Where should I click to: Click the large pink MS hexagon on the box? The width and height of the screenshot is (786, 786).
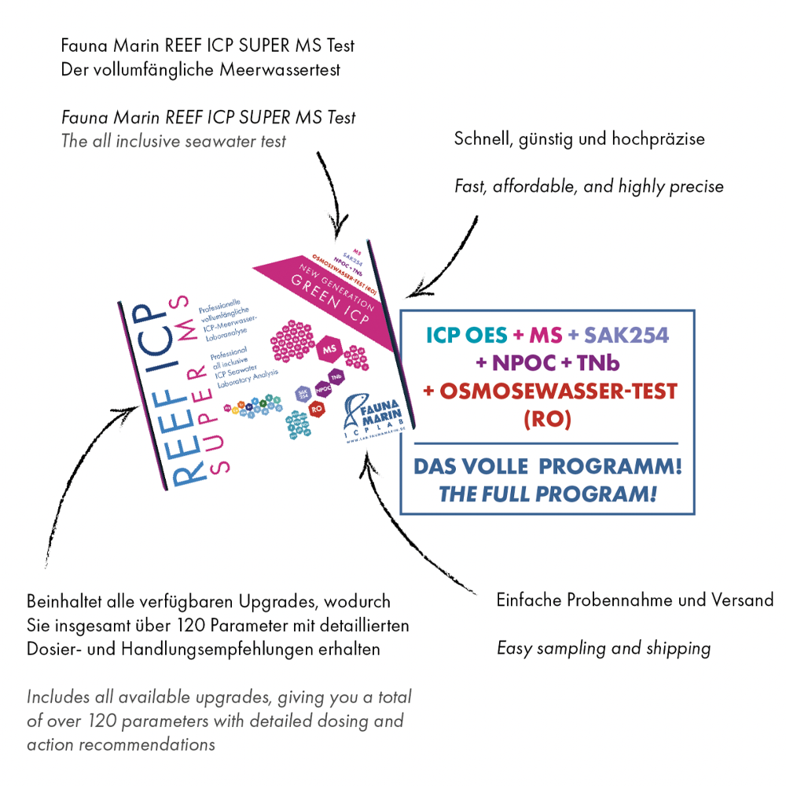click(x=329, y=347)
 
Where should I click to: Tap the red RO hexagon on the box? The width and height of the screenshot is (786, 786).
click(x=316, y=408)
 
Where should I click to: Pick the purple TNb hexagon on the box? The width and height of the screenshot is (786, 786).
click(x=337, y=376)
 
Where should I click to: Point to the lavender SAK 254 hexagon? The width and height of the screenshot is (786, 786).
click(x=302, y=392)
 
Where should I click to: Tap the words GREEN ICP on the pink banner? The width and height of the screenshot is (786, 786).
click(x=321, y=292)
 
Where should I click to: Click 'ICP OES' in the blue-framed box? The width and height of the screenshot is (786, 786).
click(x=467, y=336)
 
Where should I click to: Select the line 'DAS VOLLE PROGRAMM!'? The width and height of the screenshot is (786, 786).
click(x=548, y=467)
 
